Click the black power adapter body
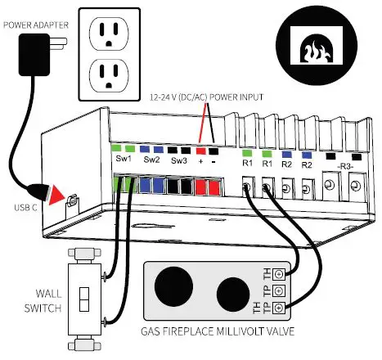click(34, 55)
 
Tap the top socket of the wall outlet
click(109, 34)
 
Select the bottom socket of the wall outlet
click(109, 75)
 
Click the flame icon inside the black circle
click(316, 51)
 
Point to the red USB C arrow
click(56, 195)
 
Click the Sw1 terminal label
click(124, 159)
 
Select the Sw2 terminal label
click(151, 160)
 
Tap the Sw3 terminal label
click(179, 160)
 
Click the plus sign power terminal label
click(200, 161)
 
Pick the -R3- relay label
click(345, 166)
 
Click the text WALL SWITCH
click(43, 301)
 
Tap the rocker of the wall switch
click(84, 299)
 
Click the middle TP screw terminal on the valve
click(278, 291)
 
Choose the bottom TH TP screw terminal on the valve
click(278, 308)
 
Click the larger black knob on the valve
click(173, 286)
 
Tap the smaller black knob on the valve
click(233, 295)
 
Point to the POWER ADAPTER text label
click(36, 25)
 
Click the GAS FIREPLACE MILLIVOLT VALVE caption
click(218, 331)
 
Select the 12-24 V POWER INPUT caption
click(207, 97)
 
